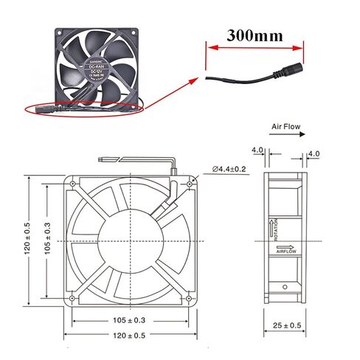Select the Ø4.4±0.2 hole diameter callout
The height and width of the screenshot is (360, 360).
pyautogui.click(x=230, y=169)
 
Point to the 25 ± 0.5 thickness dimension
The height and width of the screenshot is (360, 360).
pyautogui.click(x=286, y=325)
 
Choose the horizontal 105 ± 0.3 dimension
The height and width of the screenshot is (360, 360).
pyautogui.click(x=131, y=319)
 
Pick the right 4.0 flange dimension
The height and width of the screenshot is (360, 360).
pyautogui.click(x=313, y=153)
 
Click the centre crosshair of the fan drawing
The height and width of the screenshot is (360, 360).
pyautogui.click(x=131, y=240)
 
